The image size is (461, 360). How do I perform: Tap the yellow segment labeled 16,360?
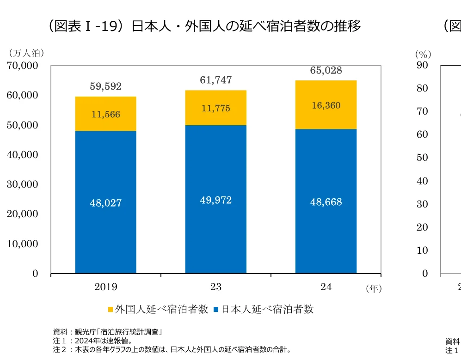pyautogui.click(x=326, y=105)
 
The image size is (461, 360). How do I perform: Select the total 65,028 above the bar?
pyautogui.click(x=326, y=71)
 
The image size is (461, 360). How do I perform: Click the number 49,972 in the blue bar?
pyautogui.click(x=216, y=200)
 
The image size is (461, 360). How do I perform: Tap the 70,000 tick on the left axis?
pyautogui.click(x=22, y=66)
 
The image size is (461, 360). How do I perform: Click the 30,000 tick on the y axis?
pyautogui.click(x=22, y=184)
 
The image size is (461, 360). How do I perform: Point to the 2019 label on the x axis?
pyautogui.click(x=105, y=287)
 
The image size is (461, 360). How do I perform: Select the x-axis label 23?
pyautogui.click(x=216, y=287)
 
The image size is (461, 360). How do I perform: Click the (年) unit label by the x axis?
pyautogui.click(x=373, y=289)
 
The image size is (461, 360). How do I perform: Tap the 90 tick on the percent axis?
pyautogui.click(x=422, y=66)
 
